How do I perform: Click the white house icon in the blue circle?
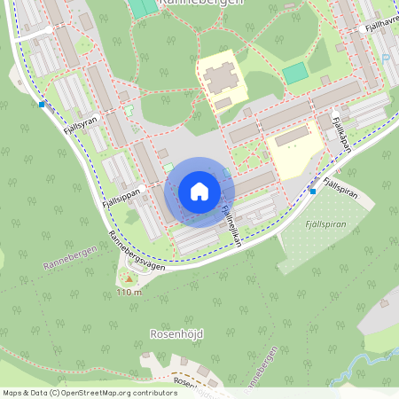pos(199,192)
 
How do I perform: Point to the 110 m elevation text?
pos(129,292)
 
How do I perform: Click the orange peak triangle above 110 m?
pos(129,279)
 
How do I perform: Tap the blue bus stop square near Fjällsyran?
pos(42,105)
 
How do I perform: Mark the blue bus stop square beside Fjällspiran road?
pos(312,191)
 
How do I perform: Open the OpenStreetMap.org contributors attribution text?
pos(115,392)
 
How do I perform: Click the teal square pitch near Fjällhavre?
pos(295,73)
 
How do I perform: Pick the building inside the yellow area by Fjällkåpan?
pos(292,137)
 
